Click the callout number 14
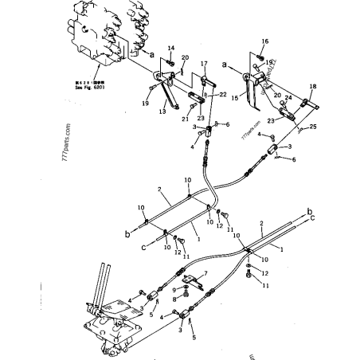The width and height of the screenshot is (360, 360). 170,49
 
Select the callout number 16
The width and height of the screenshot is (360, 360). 265,41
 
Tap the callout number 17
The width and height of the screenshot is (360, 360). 204,64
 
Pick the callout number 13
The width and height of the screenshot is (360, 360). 162,113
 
